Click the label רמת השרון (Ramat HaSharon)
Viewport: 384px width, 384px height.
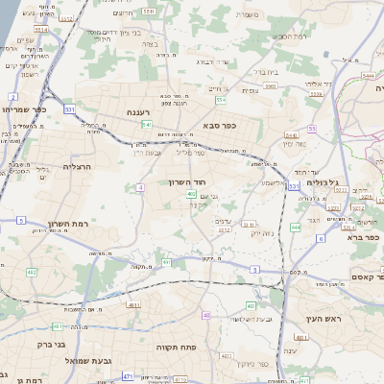click(x=94, y=224)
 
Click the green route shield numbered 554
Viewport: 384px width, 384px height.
click(x=221, y=100)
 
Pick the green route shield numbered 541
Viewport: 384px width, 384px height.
click(x=147, y=124)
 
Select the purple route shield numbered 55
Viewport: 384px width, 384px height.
click(x=312, y=129)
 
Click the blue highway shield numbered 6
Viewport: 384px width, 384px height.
click(x=321, y=238)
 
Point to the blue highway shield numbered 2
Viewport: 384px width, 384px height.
click(x=12, y=97)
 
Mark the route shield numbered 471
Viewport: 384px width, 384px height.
click(x=129, y=377)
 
